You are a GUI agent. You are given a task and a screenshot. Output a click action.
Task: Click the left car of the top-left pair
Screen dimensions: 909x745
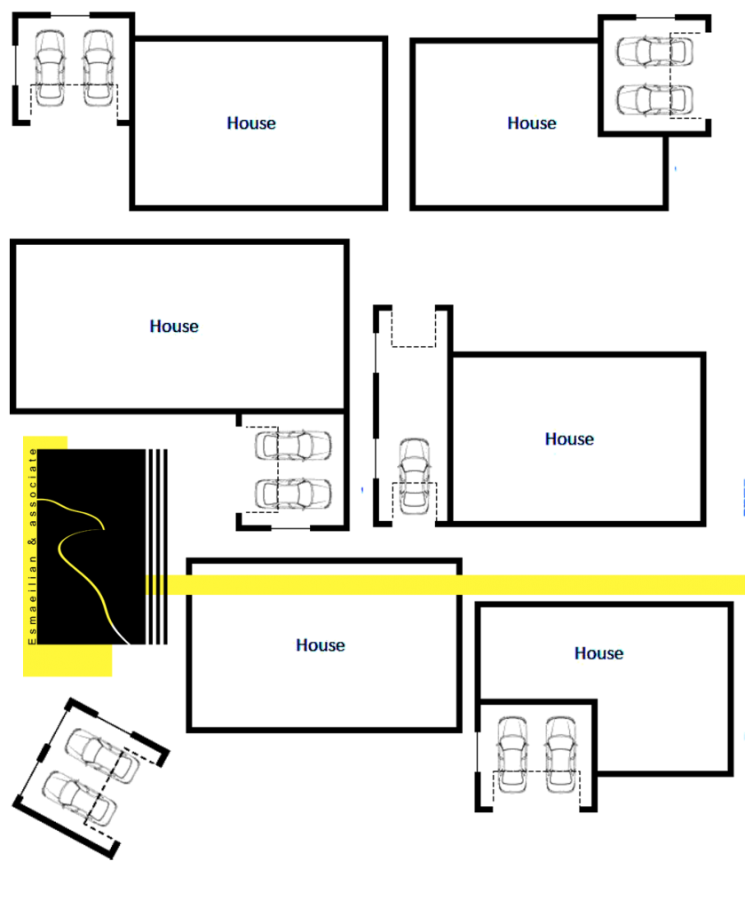pos(50,68)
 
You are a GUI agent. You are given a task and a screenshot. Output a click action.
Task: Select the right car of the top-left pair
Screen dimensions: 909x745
pos(99,68)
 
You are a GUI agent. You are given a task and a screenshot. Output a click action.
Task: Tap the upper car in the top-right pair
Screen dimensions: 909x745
pos(654,51)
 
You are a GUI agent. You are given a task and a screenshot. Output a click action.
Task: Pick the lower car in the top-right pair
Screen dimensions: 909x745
pos(654,99)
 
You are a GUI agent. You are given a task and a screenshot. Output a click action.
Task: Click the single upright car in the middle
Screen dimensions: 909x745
pos(414,476)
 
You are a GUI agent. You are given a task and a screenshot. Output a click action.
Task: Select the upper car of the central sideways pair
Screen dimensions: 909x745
pos(293,445)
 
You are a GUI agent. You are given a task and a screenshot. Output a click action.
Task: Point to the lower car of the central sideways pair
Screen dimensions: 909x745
pos(293,494)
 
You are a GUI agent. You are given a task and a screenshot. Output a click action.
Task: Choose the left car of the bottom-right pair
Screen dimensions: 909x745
pos(512,755)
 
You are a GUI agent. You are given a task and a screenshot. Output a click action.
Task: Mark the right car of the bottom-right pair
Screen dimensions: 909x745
pos(560,755)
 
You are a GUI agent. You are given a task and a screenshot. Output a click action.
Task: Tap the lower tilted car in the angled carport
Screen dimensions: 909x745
pos(80,797)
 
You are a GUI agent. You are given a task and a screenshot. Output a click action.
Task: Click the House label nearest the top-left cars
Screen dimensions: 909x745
pos(252,123)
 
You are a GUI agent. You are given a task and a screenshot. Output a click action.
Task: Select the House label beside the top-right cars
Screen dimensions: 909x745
pos(532,123)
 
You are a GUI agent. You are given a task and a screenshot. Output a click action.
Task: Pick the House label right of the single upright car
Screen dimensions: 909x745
pos(569,439)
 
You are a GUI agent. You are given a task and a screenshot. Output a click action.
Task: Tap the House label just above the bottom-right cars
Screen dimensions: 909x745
pos(598,653)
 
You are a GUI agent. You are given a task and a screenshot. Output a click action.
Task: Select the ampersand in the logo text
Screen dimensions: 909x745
pos(34,539)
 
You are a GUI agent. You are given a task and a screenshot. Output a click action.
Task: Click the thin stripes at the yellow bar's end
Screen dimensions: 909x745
pos(155,585)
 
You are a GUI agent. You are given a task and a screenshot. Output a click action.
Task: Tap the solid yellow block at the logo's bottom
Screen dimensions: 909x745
pos(67,660)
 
